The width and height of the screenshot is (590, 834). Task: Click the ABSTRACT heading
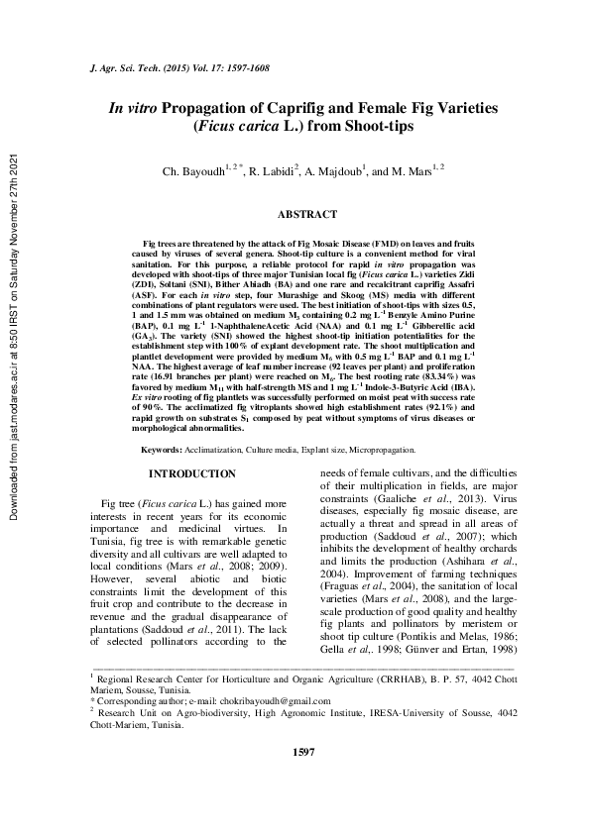[x=307, y=214]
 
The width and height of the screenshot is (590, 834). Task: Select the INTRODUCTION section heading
[x=199, y=474]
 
